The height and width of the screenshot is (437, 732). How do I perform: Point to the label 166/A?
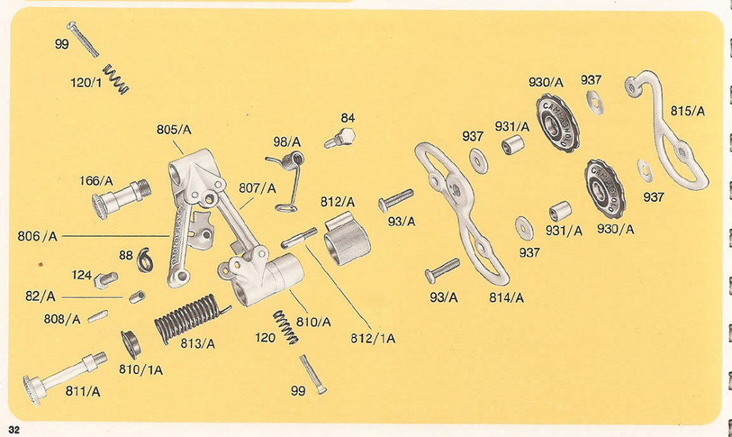click(x=96, y=181)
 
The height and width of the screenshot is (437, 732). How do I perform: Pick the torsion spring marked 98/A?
click(x=288, y=179)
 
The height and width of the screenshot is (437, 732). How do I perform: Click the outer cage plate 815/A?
click(x=668, y=136)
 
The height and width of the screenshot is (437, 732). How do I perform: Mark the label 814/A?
click(x=506, y=298)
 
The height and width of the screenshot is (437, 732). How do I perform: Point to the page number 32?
click(x=14, y=429)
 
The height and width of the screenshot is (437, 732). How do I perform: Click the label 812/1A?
click(x=373, y=338)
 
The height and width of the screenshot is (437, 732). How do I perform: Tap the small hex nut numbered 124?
click(x=106, y=277)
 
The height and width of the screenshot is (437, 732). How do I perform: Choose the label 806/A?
click(x=38, y=235)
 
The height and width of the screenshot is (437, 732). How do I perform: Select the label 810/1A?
click(x=140, y=370)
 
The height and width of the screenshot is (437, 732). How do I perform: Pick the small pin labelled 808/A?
click(x=98, y=316)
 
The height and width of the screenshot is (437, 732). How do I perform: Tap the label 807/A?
click(x=257, y=188)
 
